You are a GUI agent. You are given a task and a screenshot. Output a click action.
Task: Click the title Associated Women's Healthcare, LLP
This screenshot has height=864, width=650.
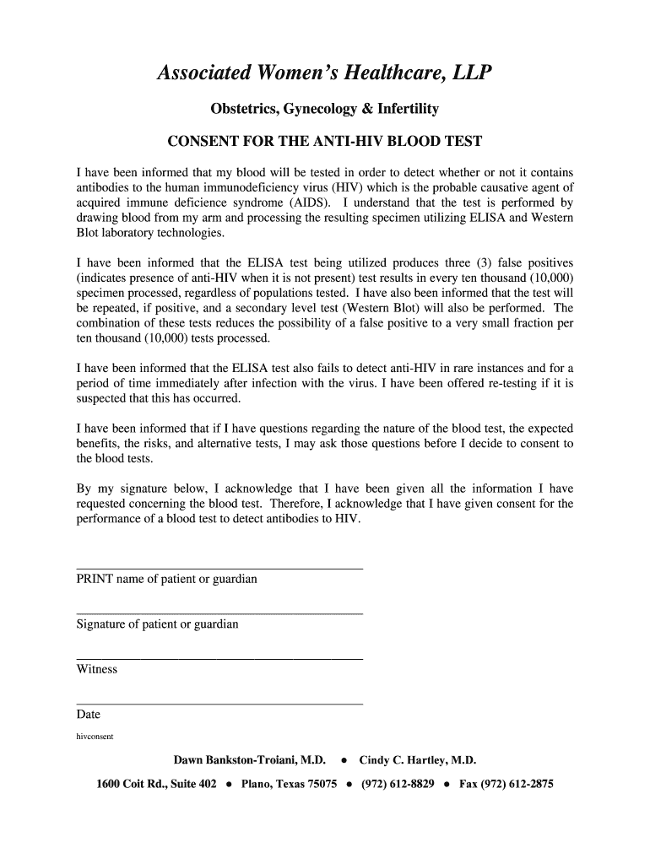click(x=324, y=74)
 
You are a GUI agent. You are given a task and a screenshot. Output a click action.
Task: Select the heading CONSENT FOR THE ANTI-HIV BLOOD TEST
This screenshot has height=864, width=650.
click(x=325, y=141)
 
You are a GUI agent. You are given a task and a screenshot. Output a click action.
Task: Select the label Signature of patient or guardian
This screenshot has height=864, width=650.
click(x=157, y=624)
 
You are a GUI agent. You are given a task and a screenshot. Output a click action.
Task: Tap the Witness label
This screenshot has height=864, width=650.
click(x=96, y=669)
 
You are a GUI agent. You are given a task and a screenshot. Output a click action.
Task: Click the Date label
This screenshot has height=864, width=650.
click(x=89, y=714)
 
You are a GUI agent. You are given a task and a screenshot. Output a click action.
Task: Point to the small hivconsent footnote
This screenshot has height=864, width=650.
click(x=95, y=736)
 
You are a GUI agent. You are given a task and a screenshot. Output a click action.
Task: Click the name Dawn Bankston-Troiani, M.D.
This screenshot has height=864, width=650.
click(x=249, y=759)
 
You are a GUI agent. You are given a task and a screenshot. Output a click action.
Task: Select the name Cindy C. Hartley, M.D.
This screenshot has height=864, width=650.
click(x=417, y=759)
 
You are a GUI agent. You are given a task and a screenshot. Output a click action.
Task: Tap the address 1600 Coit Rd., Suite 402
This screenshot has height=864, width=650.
click(x=156, y=784)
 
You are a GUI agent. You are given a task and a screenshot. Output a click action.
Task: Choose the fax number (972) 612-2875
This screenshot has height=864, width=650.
click(x=506, y=784)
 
